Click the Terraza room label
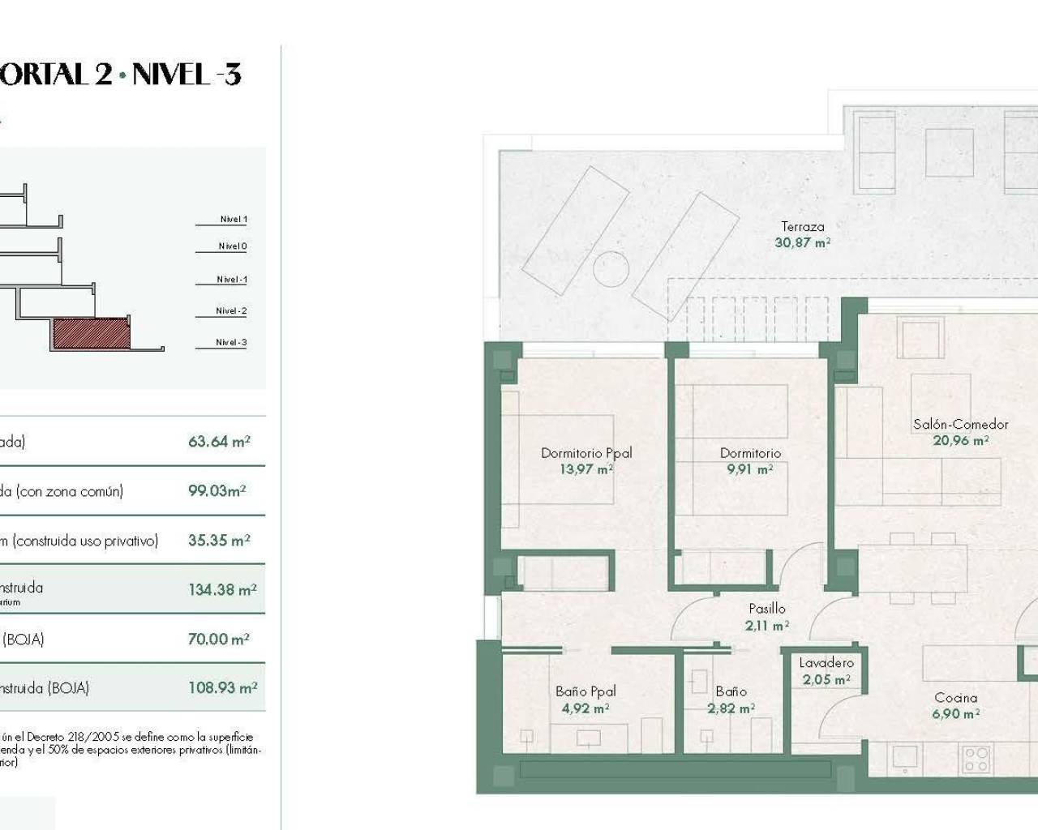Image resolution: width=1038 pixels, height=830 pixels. coord(802,227)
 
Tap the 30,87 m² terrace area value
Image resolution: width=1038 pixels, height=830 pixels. coord(802,242)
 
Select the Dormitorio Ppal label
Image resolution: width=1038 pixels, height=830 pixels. coord(586,453)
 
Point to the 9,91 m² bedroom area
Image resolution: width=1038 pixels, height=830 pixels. coord(750,469)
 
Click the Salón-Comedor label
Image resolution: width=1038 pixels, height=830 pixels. coord(960,424)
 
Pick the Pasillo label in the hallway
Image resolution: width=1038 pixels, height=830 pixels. coord(766,608)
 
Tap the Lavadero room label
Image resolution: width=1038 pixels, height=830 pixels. coord(826,663)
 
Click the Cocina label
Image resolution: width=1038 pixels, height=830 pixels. coord(955,697)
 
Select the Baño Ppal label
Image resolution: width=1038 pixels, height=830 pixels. coord(585,691)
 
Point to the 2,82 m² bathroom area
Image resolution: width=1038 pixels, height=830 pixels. coord(731,708)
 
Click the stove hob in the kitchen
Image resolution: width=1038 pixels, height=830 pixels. coord(976,759)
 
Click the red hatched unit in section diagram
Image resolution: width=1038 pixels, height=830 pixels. coord(91,333)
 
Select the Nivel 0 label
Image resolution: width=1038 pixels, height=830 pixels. coord(232,246)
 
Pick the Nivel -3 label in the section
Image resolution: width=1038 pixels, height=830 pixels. coord(231,342)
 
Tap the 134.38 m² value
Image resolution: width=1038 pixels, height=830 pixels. coord(222,590)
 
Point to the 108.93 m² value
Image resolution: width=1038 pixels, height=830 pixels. coord(222,688)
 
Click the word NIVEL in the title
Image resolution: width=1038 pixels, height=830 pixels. coord(169,75)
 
